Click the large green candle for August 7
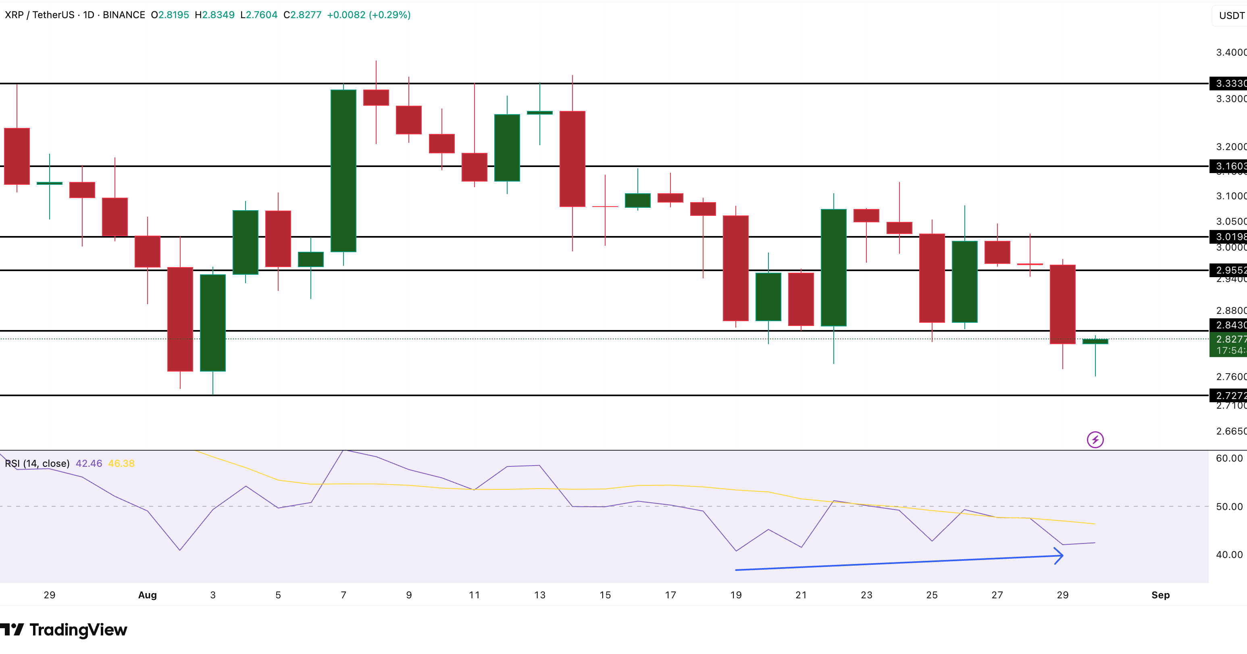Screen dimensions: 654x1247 coord(343,171)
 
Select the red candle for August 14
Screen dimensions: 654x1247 coord(572,159)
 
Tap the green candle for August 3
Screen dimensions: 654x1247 coord(212,323)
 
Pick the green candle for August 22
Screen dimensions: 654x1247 coord(834,267)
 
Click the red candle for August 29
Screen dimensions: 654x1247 coord(1063,304)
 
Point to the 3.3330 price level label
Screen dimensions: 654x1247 coord(1230,84)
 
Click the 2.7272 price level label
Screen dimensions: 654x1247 coord(1230,395)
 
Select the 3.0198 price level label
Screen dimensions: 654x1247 coord(1230,236)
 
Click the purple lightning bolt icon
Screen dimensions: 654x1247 coord(1095,439)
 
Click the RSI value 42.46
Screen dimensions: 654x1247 coord(89,463)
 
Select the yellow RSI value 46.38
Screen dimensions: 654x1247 coord(121,463)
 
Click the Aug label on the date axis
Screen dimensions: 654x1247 coord(148,595)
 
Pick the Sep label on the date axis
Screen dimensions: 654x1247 coord(1160,595)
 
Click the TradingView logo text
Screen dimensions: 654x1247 coord(79,630)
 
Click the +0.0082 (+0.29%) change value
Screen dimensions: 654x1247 coord(368,15)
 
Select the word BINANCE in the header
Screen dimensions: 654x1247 coord(124,15)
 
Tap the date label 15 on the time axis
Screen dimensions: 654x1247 coord(605,595)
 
